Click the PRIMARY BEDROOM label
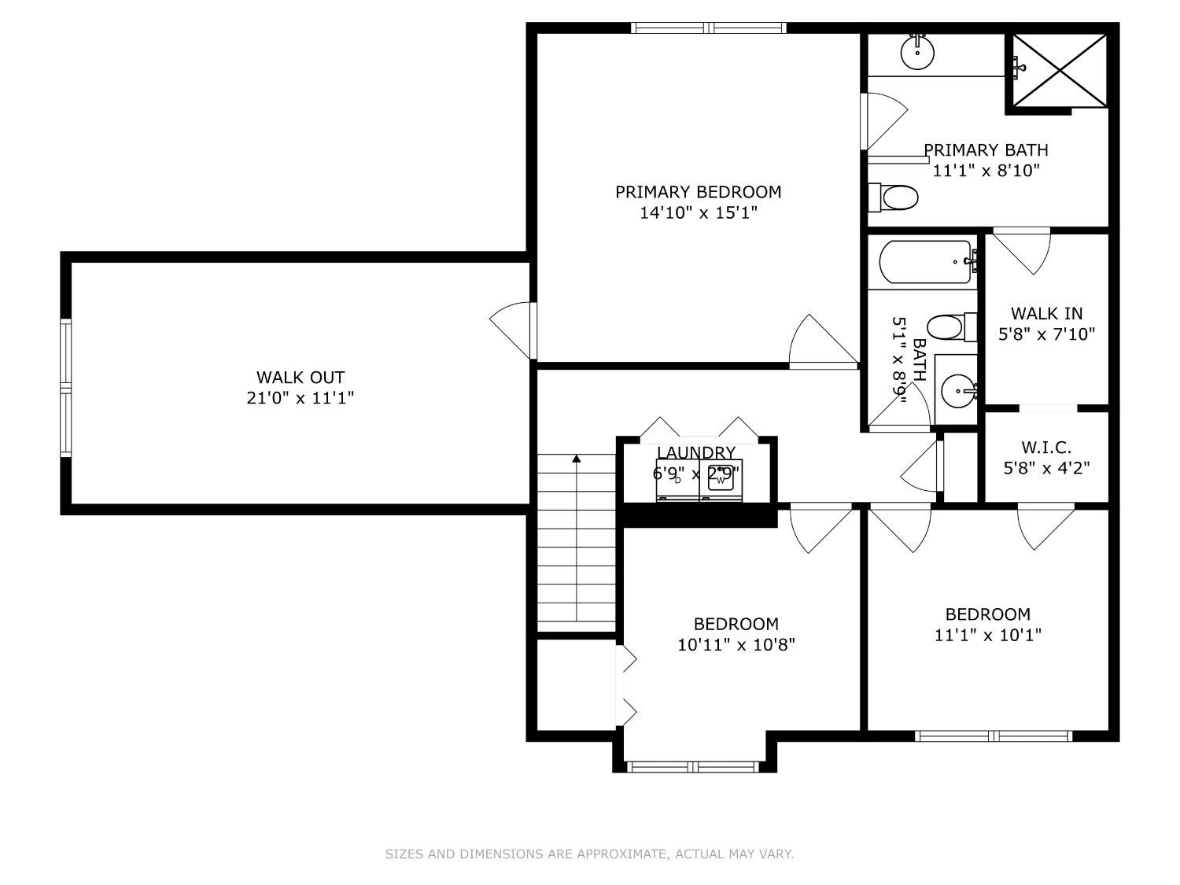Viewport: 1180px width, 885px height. [698, 192]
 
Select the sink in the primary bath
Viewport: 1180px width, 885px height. [916, 53]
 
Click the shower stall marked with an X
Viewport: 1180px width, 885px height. [1060, 69]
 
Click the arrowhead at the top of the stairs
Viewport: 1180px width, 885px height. [577, 458]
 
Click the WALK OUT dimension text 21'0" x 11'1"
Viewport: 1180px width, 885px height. [301, 398]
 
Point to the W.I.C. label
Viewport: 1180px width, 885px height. [1046, 448]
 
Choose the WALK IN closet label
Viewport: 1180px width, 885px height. [1046, 314]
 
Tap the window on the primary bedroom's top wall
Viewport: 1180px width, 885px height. [709, 28]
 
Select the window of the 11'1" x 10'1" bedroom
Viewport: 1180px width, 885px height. [994, 736]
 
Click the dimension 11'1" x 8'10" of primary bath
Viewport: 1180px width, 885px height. [986, 170]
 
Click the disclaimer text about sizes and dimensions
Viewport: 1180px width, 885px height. [589, 854]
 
